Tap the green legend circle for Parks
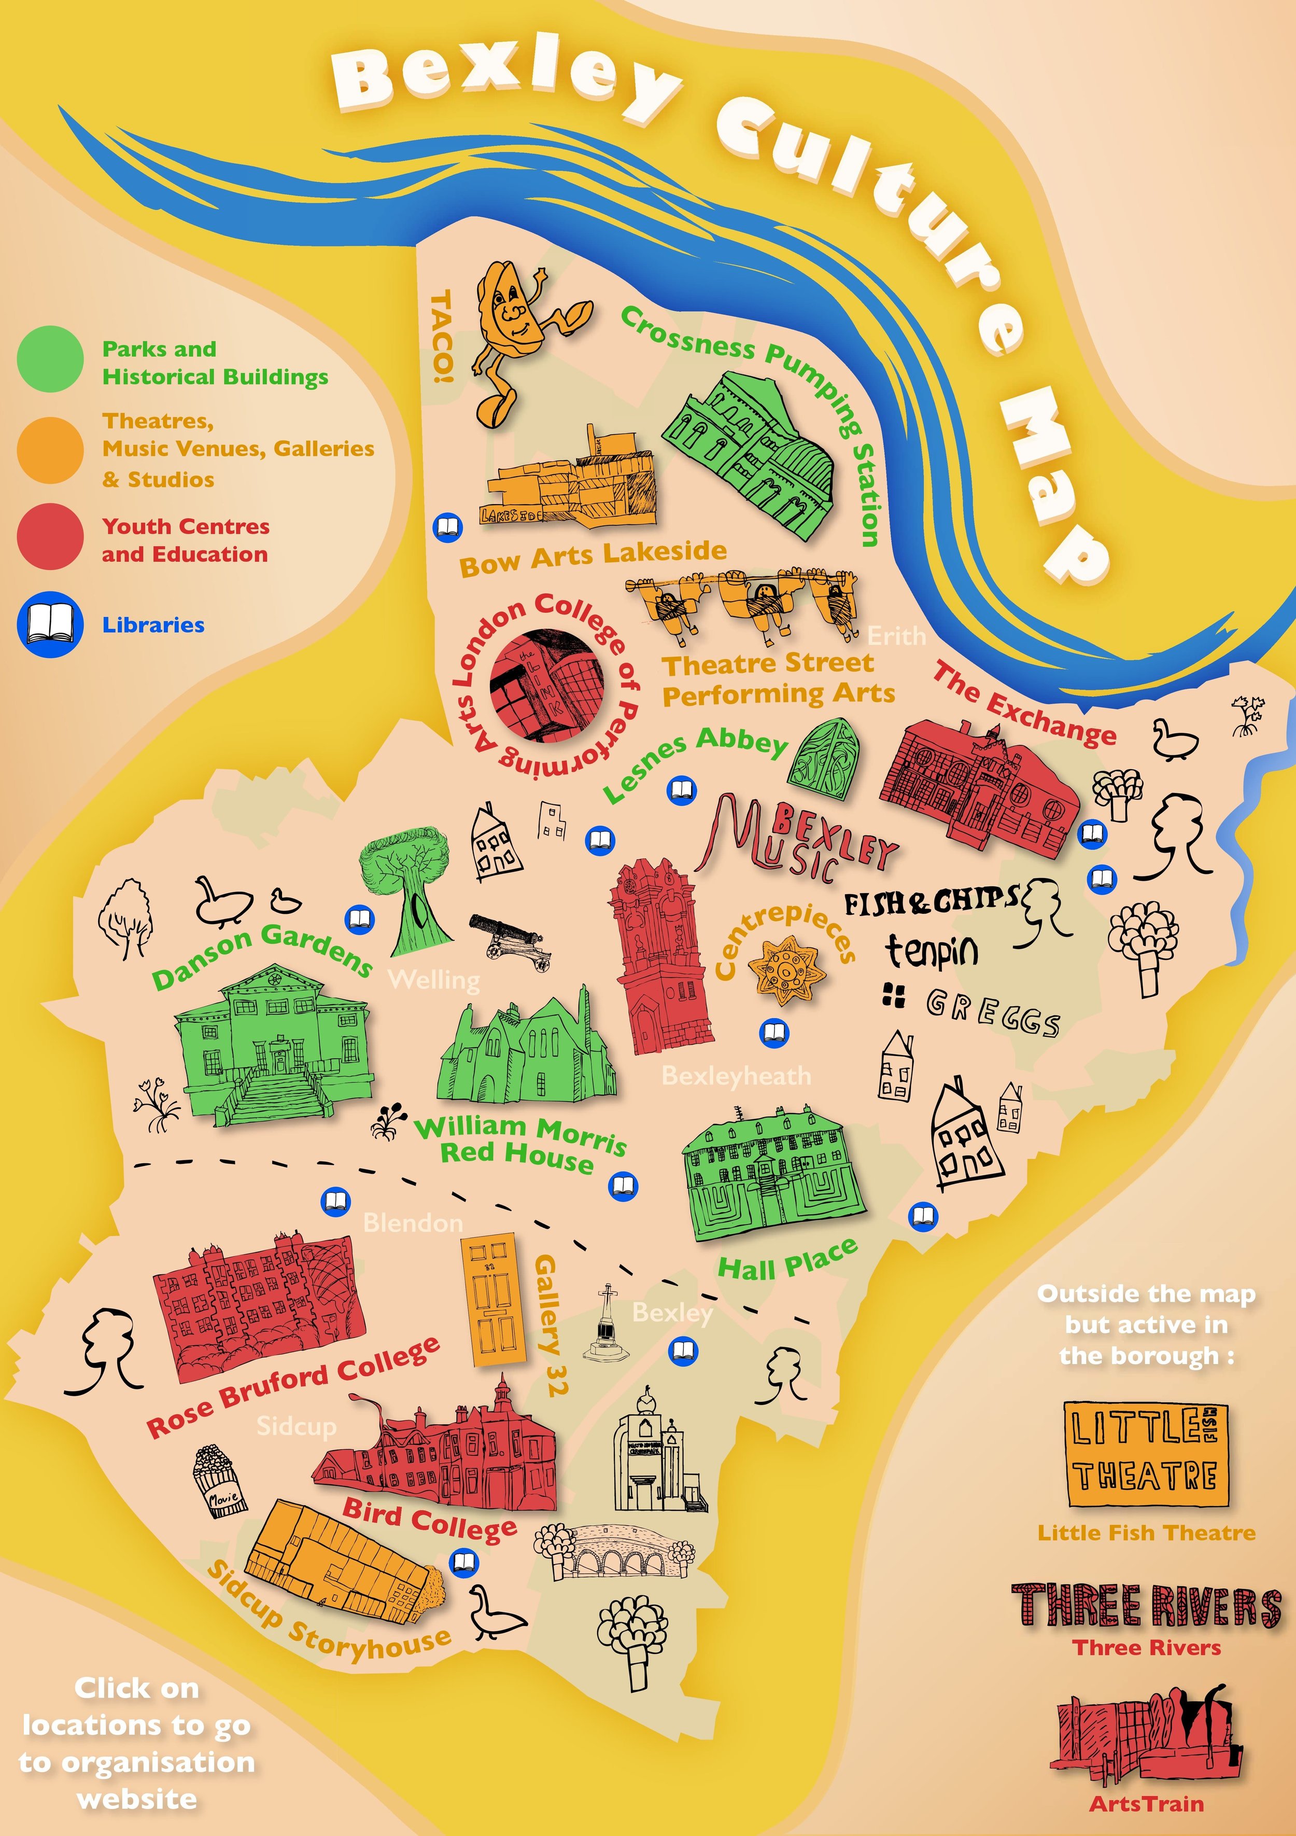(50, 359)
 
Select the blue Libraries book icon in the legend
(50, 624)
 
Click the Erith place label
(896, 636)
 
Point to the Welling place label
(433, 980)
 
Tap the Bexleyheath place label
(736, 1076)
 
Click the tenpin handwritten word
(932, 951)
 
